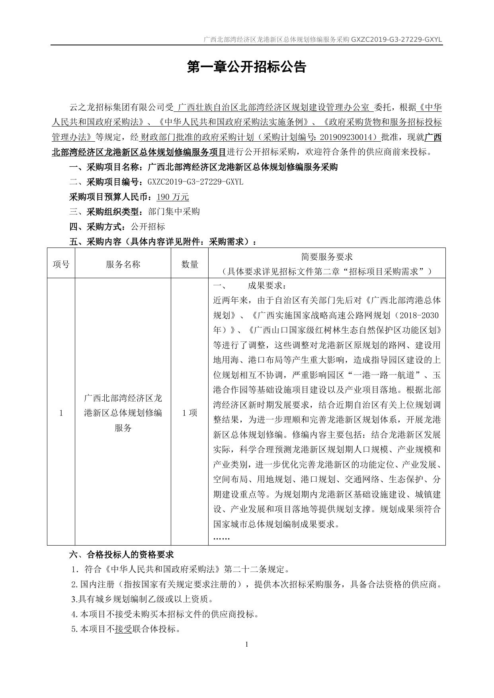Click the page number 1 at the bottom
pyautogui.click(x=247, y=645)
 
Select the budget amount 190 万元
pyautogui.click(x=173, y=197)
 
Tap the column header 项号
pyautogui.click(x=61, y=264)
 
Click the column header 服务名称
pyautogui.click(x=123, y=264)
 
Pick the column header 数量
pyautogui.click(x=190, y=264)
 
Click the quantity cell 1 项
pyautogui.click(x=190, y=413)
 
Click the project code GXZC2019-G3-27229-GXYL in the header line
pyautogui.click(x=396, y=40)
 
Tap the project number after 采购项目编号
pyautogui.click(x=195, y=182)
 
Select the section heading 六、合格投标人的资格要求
pyautogui.click(x=121, y=554)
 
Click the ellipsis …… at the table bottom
pyautogui.click(x=222, y=538)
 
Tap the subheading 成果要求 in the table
pyautogui.click(x=266, y=286)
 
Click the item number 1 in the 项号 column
pyautogui.click(x=61, y=413)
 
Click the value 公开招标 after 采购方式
pyautogui.click(x=148, y=227)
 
